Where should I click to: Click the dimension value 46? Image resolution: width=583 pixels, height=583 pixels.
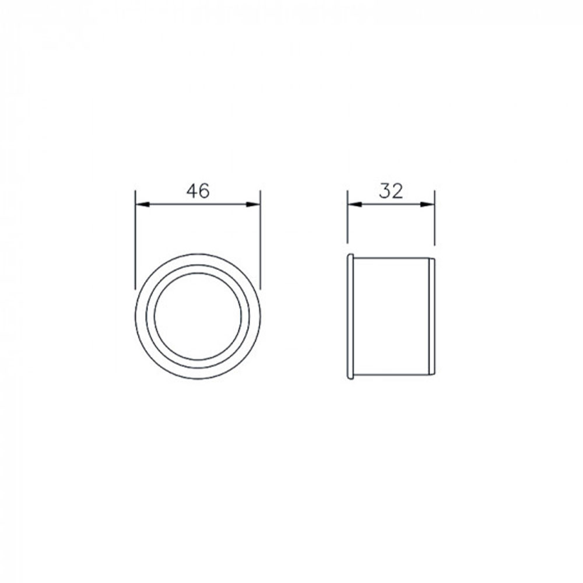click(198, 191)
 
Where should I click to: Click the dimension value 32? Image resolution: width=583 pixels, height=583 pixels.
click(391, 191)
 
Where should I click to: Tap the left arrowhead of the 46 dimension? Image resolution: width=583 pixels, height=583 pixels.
click(142, 204)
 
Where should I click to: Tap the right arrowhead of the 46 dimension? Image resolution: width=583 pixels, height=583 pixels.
click(254, 204)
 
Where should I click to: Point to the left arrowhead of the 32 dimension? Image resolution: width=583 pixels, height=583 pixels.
click(354, 204)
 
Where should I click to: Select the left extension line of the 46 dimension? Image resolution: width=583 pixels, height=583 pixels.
click(135, 239)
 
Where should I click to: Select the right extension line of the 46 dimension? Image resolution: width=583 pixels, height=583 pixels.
click(260, 239)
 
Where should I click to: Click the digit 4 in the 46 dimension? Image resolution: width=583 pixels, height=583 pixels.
click(191, 191)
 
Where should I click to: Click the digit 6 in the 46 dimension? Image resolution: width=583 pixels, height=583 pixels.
click(204, 191)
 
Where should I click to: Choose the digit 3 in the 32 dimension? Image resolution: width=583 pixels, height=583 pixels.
click(384, 191)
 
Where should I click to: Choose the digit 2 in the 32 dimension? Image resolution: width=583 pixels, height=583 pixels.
click(397, 191)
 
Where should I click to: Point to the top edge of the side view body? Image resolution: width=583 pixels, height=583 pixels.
click(391, 258)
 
